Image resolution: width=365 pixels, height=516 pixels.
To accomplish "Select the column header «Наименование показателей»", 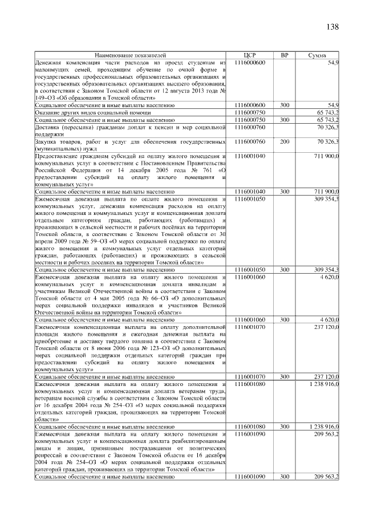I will click(131, 55).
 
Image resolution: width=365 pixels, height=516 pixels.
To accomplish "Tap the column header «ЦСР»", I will click(249, 55).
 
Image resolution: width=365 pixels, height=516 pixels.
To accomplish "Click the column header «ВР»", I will click(285, 55).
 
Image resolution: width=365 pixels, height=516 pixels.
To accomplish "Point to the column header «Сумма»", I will click(317, 55).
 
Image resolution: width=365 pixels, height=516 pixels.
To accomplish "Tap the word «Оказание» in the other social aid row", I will click(48, 113).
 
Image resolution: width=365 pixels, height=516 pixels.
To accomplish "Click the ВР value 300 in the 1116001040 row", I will click(285, 192).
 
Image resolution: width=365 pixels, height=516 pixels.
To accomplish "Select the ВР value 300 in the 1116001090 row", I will click(285, 476).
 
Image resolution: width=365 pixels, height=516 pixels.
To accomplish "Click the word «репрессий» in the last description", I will click(49, 454).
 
